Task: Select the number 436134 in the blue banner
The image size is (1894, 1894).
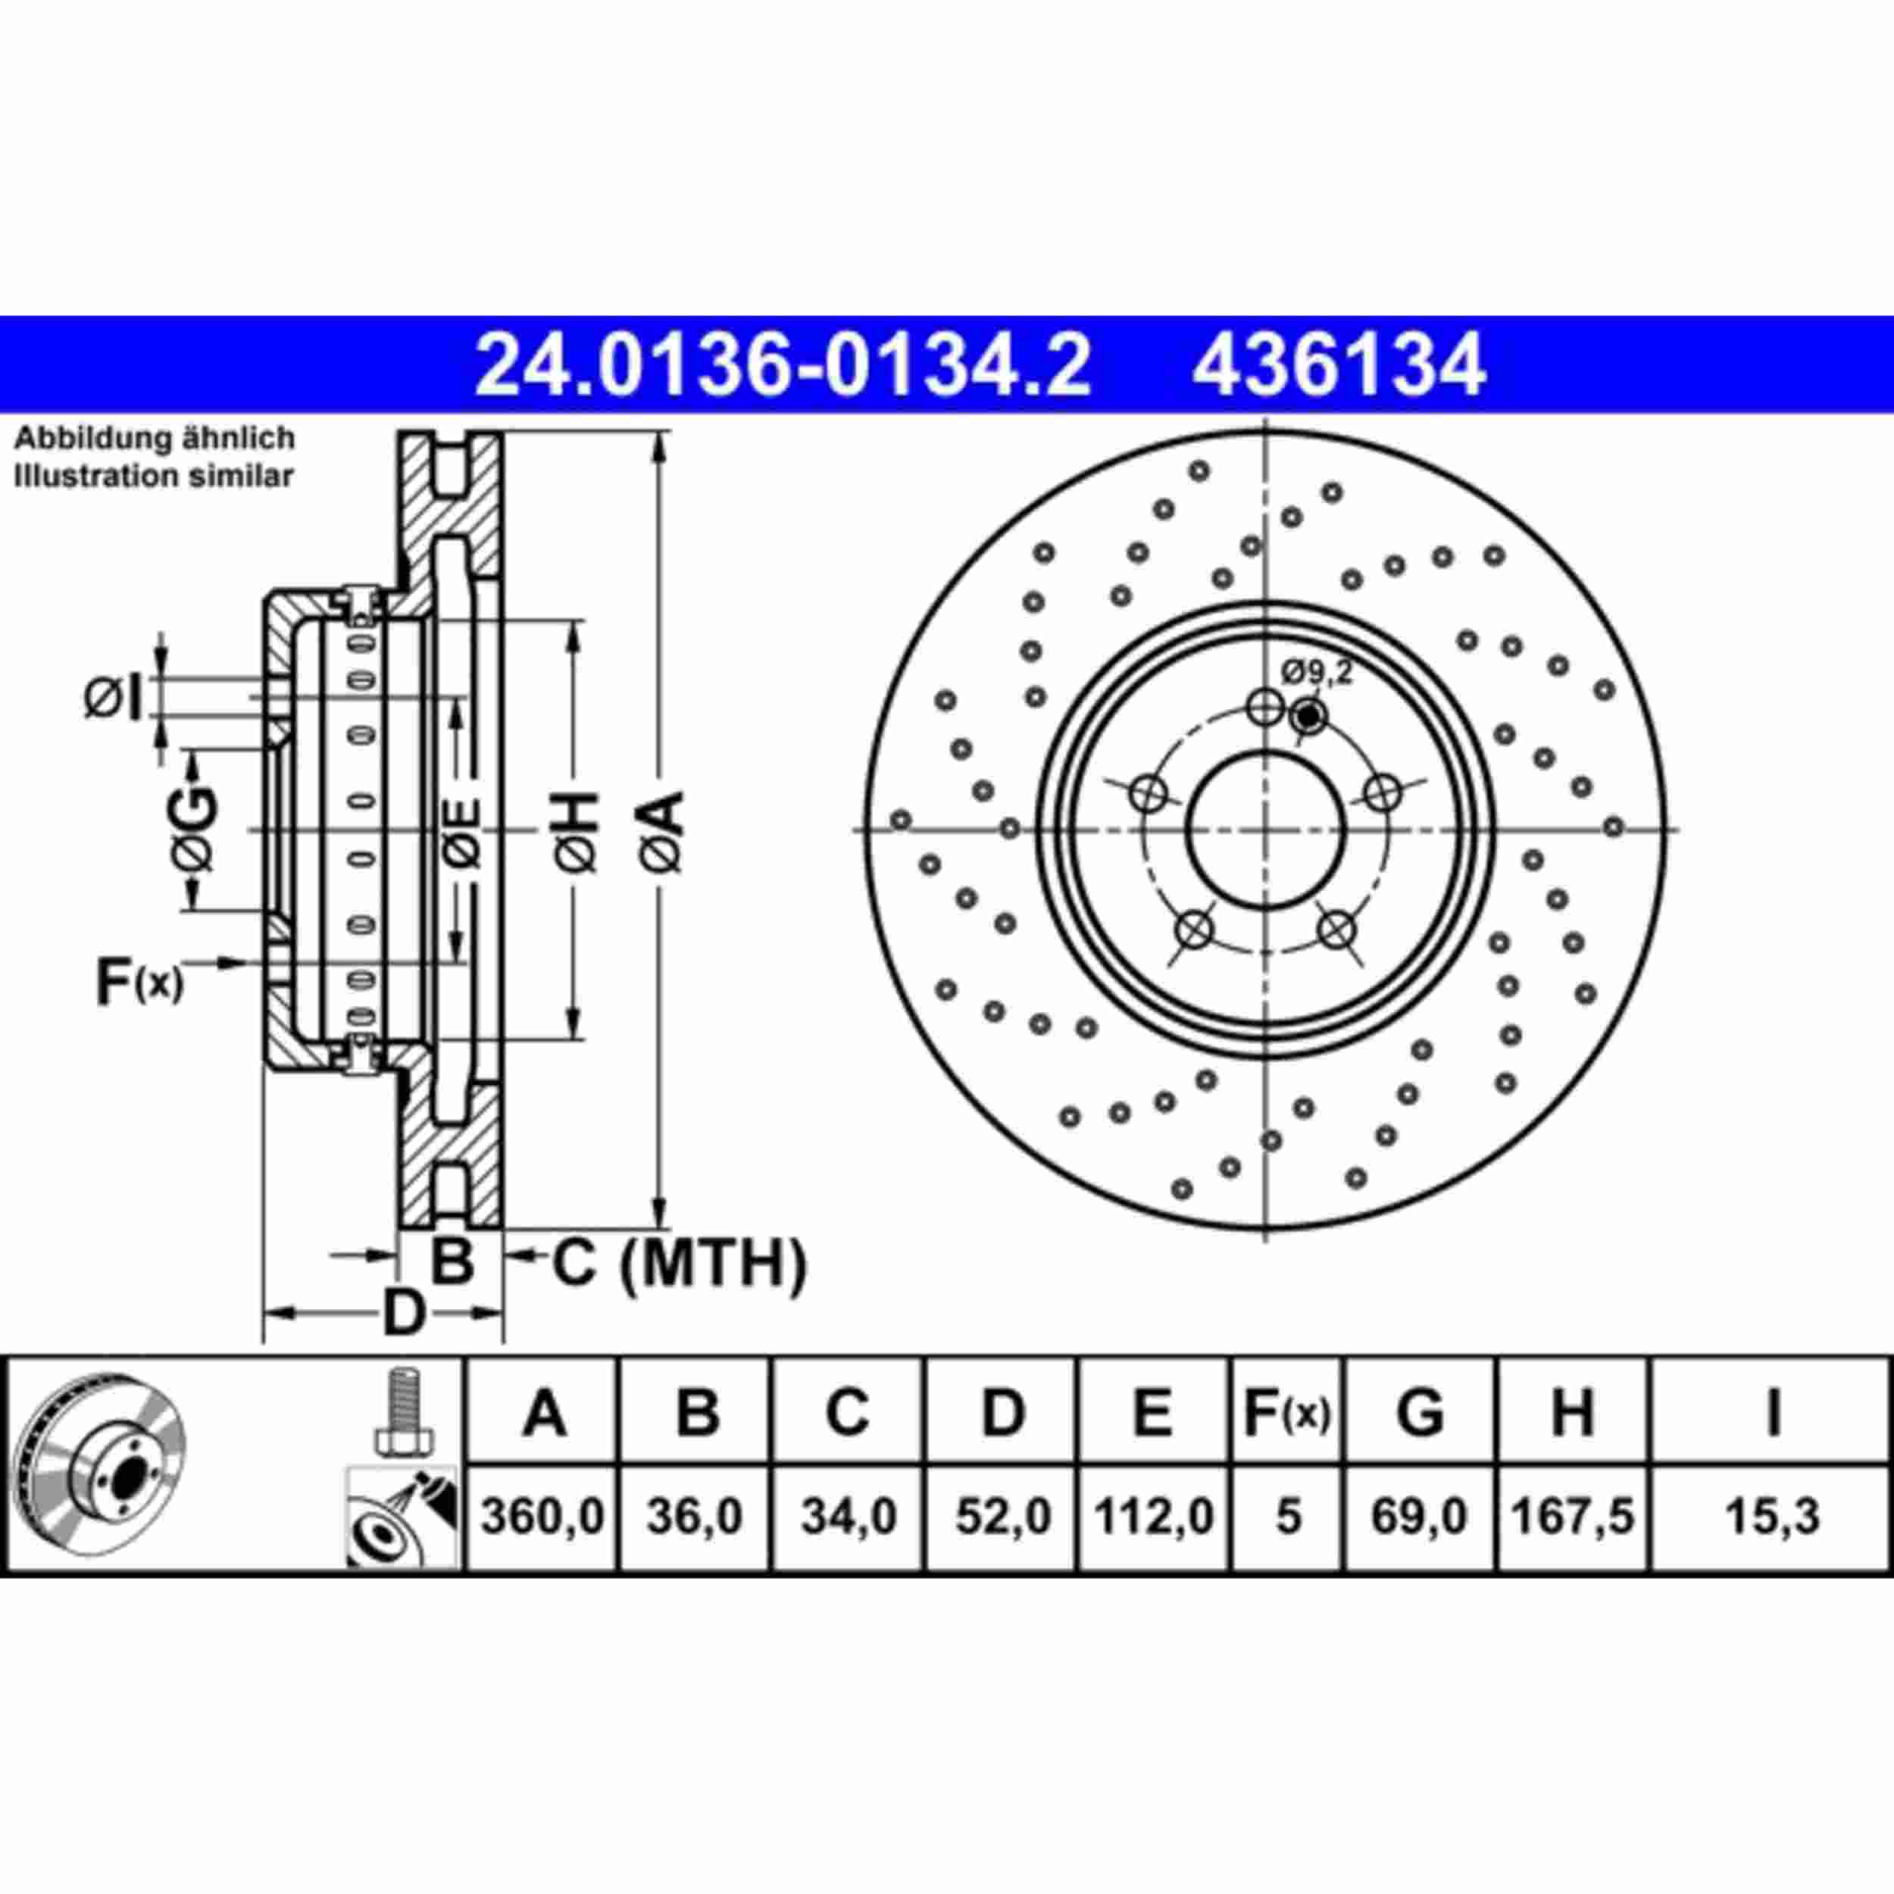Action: coord(1338,364)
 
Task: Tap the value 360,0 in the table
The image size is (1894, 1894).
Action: coord(542,1517)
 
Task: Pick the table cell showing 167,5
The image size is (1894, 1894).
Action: coord(1573,1517)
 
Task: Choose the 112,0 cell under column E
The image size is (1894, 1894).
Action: coord(1153,1517)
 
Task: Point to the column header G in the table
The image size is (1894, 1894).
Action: coord(1418,1413)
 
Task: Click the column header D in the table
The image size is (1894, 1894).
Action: coord(1001,1413)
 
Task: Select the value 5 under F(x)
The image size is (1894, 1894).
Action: coord(1288,1517)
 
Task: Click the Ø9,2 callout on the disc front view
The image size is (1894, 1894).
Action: coord(1317,673)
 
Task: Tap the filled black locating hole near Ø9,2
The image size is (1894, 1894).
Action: coord(1307,717)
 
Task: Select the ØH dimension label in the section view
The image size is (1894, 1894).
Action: coord(577,831)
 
